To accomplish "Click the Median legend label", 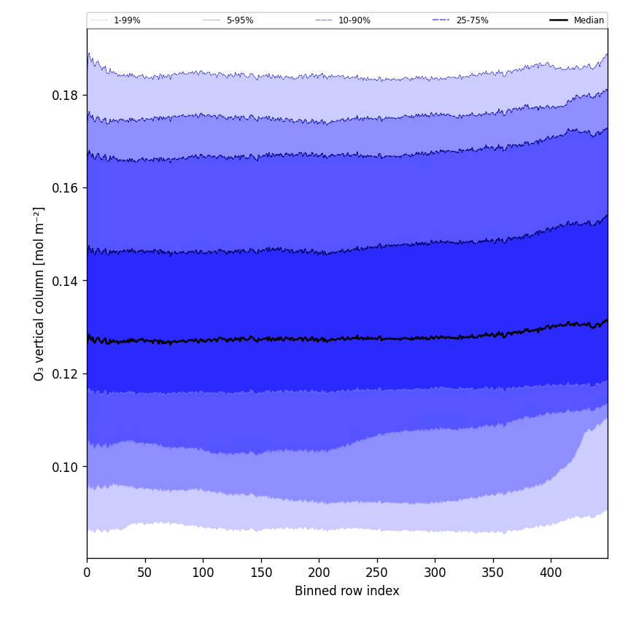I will click(x=589, y=20).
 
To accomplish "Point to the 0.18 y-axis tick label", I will click(x=65, y=96).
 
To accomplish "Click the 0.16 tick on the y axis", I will click(x=65, y=188).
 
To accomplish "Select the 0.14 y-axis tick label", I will click(x=65, y=281).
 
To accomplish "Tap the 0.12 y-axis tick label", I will click(x=65, y=374).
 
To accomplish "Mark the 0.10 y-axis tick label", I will click(x=65, y=467).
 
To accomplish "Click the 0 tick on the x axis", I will click(x=87, y=573).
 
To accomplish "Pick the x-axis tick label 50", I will click(x=145, y=573).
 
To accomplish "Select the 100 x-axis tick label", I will click(x=203, y=573).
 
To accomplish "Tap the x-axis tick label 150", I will click(x=261, y=573).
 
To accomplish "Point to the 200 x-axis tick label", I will click(x=319, y=573).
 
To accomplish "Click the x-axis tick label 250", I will click(x=377, y=573).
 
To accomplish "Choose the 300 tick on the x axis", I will click(x=435, y=573).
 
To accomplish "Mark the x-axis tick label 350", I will click(x=493, y=573).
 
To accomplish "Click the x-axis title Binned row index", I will click(x=347, y=592).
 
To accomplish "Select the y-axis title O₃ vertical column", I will click(x=39, y=293).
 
